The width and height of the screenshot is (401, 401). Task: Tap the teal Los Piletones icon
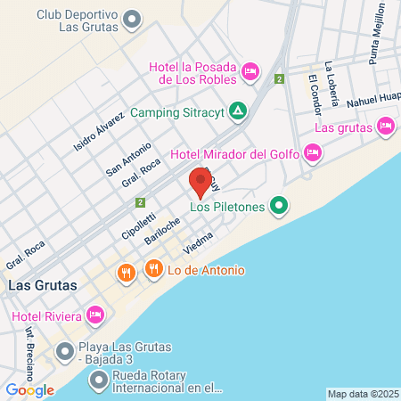click(x=279, y=207)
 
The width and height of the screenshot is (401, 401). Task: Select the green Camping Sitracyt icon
click(x=238, y=111)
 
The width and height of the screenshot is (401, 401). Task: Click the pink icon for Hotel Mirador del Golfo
click(x=312, y=153)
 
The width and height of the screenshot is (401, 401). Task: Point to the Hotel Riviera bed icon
click(x=96, y=315)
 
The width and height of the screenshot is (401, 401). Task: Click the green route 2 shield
click(x=279, y=79)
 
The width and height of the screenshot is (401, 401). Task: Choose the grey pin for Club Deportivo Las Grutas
click(x=133, y=17)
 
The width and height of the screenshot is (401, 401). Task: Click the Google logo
click(x=29, y=389)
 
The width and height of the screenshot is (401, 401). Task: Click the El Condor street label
click(x=314, y=94)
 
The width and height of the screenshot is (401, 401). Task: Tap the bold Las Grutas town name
click(x=42, y=285)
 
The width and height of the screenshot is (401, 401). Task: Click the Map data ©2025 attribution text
click(x=363, y=394)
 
